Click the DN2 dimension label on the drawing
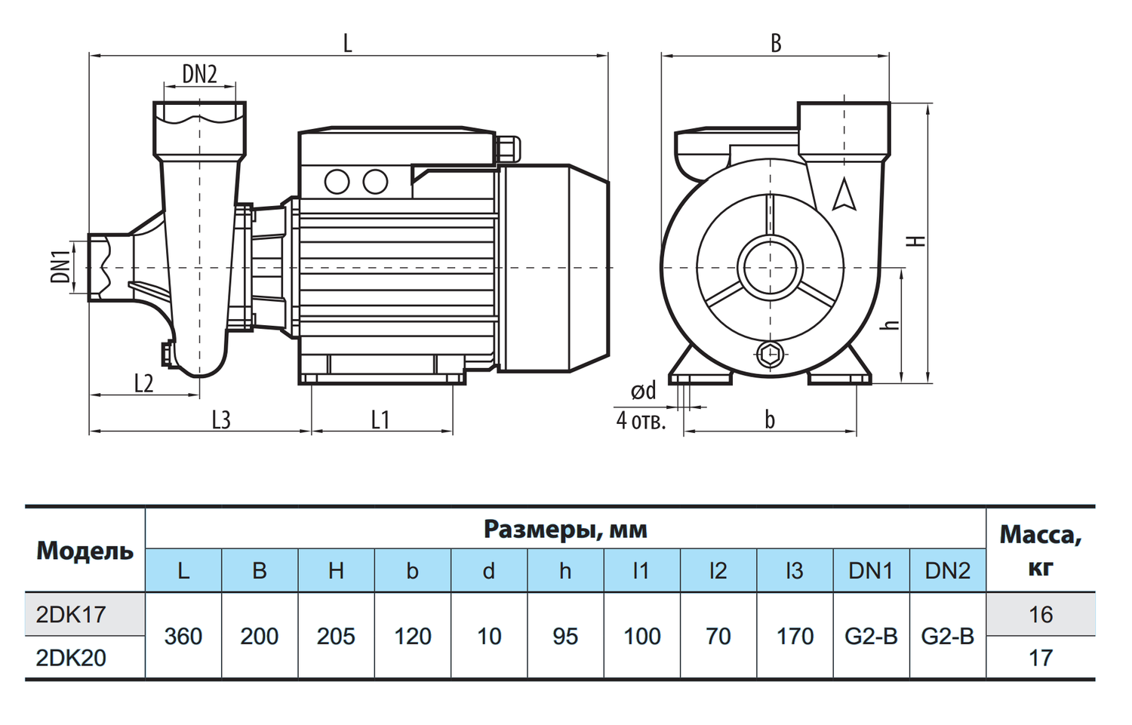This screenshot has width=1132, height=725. (x=200, y=75)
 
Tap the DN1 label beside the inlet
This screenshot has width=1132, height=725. (x=60, y=267)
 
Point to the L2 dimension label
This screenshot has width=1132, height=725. (x=143, y=383)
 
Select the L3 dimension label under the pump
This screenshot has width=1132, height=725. (x=221, y=420)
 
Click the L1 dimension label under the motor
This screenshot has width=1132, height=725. (x=380, y=420)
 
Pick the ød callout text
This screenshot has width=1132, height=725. (x=643, y=391)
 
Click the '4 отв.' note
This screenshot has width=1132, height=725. (x=641, y=420)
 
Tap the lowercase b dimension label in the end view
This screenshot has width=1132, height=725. (x=770, y=419)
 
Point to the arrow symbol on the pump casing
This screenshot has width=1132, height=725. (x=844, y=194)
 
